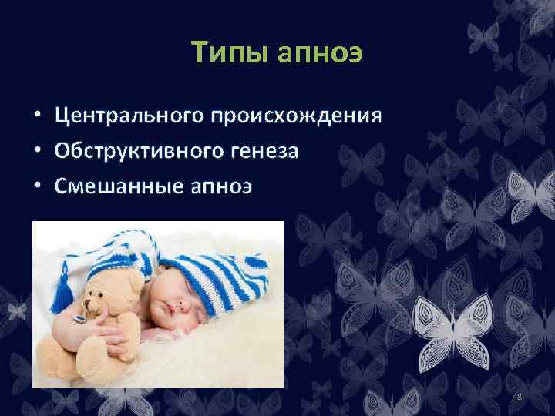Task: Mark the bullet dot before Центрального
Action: (36, 117)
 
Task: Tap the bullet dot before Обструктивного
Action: (36, 152)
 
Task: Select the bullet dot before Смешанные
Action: (36, 186)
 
